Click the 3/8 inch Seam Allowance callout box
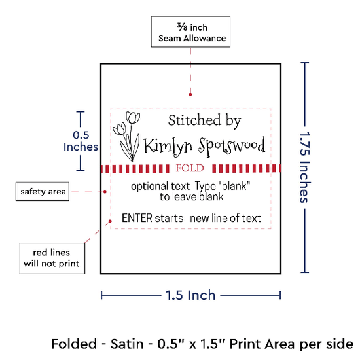coord(190,32)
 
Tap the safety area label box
coord(43,192)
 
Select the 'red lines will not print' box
coord(52,259)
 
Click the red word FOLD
coord(190,168)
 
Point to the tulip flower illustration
coord(126,136)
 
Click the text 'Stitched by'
coord(205,120)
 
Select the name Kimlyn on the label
coord(168,147)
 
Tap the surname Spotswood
coord(232,146)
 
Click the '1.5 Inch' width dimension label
coord(190,295)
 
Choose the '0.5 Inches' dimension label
coord(81,141)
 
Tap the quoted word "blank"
coord(234,186)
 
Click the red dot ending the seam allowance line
coord(190,94)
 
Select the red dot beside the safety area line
coord(105,192)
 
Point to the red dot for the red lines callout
coord(110,221)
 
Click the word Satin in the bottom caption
coord(127,344)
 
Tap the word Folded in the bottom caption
coord(74,344)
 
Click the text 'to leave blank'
coord(192,197)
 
